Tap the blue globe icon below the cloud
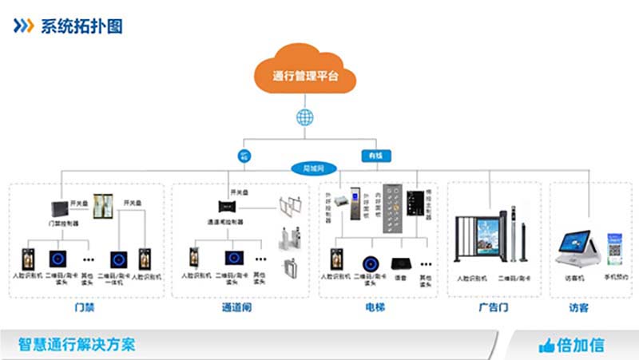(x=304, y=117)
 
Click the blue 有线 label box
(x=374, y=154)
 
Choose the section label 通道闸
(x=236, y=307)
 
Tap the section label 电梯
(x=375, y=307)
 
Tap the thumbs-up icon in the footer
(x=546, y=346)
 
